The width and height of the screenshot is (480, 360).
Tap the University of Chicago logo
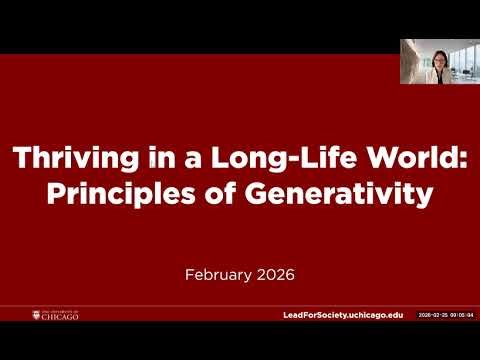pos(55,315)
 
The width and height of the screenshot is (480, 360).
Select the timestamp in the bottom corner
pos(445,315)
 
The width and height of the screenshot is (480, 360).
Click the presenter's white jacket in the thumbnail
pos(437,76)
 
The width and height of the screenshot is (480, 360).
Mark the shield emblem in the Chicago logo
pos(36,315)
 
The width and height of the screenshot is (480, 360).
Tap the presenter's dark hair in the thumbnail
pos(437,47)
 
